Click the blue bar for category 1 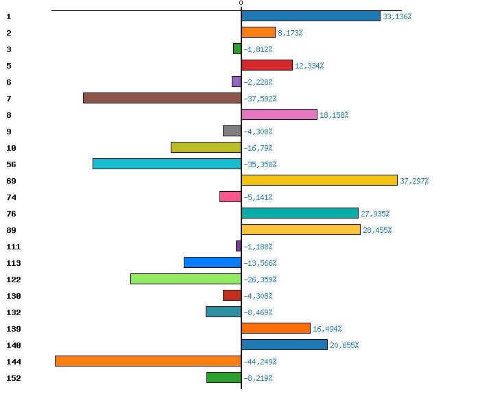[311, 16]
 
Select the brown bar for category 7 [162, 98]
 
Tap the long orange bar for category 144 [148, 361]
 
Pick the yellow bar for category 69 [320, 180]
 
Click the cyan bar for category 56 [167, 164]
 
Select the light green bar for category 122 [186, 279]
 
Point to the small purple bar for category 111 [239, 246]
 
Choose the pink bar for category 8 [279, 114]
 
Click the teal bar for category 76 [300, 213]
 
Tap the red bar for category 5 [267, 65]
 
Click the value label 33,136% [397, 16]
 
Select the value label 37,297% [414, 181]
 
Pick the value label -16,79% [258, 148]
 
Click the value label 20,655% [344, 345]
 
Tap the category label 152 [14, 378]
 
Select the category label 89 [11, 230]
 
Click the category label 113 [14, 263]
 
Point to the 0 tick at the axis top [241, 3]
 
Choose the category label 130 [14, 296]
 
